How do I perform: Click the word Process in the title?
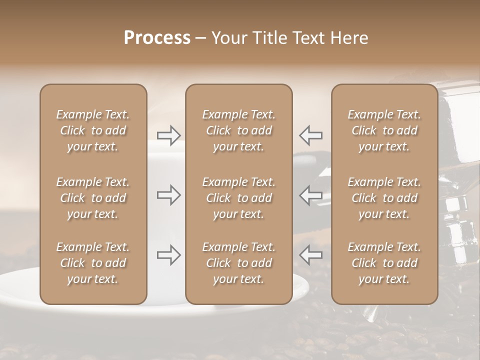point(157,38)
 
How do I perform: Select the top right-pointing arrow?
point(169,135)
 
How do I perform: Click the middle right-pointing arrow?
point(169,195)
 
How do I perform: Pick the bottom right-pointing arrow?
point(169,255)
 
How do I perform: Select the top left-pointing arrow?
point(310,135)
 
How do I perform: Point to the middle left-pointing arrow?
point(310,195)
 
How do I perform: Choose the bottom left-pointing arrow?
point(310,255)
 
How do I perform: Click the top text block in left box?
point(93,130)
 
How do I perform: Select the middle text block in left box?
point(93,198)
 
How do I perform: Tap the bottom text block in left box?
point(93,263)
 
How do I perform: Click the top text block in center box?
point(238,130)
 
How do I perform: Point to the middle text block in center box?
point(238,198)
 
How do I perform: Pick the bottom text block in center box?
point(238,263)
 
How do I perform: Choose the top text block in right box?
point(384,130)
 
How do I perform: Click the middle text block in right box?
point(384,198)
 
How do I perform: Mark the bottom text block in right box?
point(384,263)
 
